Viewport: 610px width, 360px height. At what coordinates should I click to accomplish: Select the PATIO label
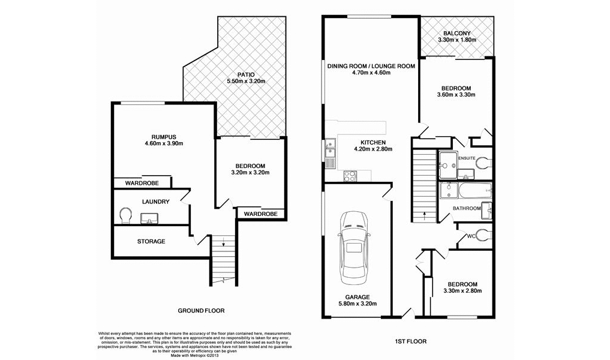pos(246,74)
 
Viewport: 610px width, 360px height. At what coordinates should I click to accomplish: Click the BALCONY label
pos(457,33)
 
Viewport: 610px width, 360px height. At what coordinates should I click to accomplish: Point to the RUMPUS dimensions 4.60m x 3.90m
pos(164,143)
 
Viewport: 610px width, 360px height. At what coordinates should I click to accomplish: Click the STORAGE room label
pos(151,241)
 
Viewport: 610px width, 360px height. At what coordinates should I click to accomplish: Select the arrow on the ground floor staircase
pos(223,244)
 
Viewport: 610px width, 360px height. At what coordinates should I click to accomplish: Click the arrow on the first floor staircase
pos(425,212)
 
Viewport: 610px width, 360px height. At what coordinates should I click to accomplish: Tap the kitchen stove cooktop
pos(350,176)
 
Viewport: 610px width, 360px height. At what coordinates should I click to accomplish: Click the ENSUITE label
pos(467,158)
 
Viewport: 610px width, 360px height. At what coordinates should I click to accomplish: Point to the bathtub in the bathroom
pos(473,192)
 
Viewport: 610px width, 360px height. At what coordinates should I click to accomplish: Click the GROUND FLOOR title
pos(201,311)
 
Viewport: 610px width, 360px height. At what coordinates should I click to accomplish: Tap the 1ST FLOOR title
pos(411,341)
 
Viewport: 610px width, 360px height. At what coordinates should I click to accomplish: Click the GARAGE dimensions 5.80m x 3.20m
pos(357,304)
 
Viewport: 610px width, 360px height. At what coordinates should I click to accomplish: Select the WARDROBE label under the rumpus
pos(142,182)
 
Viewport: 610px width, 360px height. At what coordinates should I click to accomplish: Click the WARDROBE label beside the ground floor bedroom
pos(261,214)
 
